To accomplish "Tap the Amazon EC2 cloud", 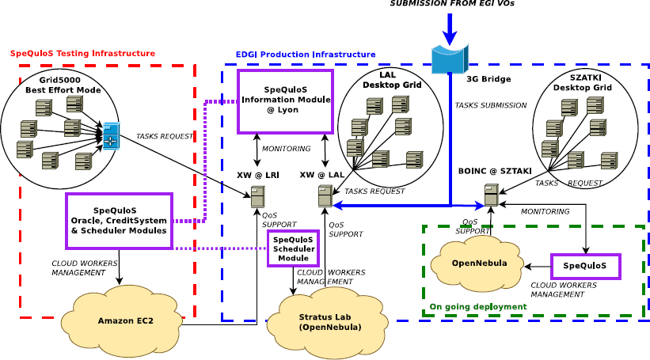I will (x=121, y=319).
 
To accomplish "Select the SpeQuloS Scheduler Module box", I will (x=292, y=248).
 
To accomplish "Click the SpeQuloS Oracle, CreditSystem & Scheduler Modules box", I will (x=119, y=221).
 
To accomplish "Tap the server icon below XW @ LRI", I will (x=257, y=195).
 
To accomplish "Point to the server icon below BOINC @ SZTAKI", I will (x=492, y=195).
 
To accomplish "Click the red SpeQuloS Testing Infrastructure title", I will (x=82, y=53).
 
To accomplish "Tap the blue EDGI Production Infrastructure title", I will (x=306, y=54).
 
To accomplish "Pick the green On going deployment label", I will (x=477, y=306).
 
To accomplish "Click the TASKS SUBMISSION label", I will (x=490, y=104).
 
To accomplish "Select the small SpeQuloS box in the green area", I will (x=586, y=266).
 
